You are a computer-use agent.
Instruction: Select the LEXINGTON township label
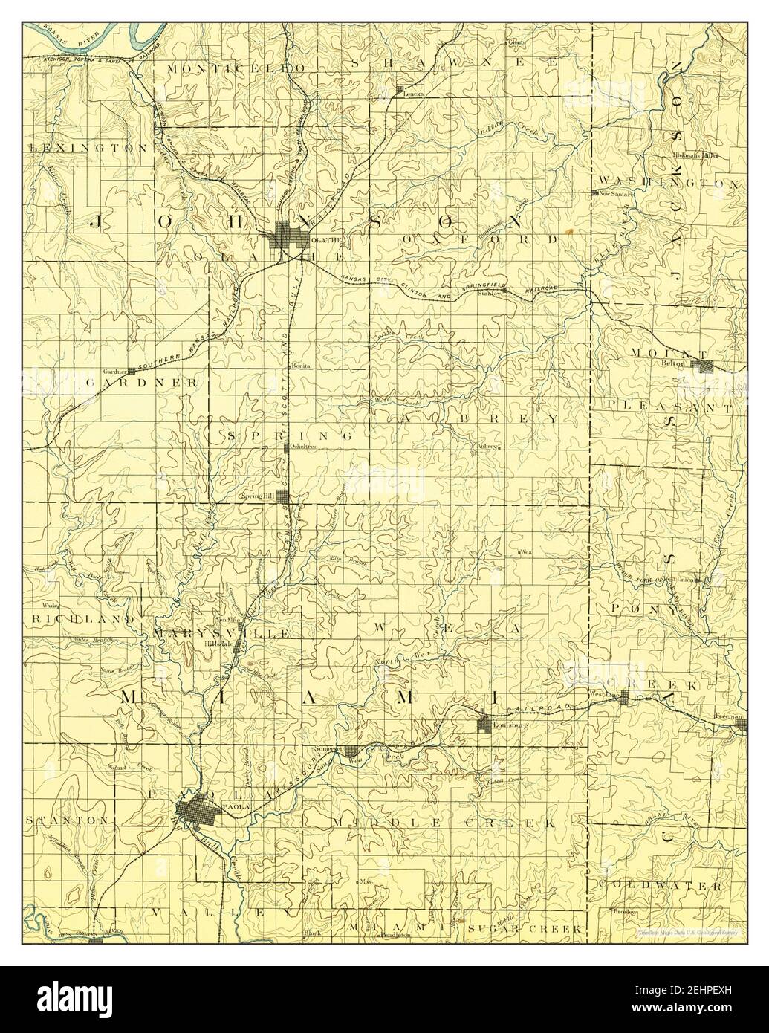pyautogui.click(x=88, y=149)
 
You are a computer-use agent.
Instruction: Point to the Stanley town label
pyautogui.click(x=487, y=294)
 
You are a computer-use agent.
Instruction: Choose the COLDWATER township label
pyautogui.click(x=659, y=886)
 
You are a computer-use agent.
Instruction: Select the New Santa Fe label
pyautogui.click(x=616, y=194)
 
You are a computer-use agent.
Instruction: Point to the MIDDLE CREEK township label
pyautogui.click(x=444, y=823)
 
